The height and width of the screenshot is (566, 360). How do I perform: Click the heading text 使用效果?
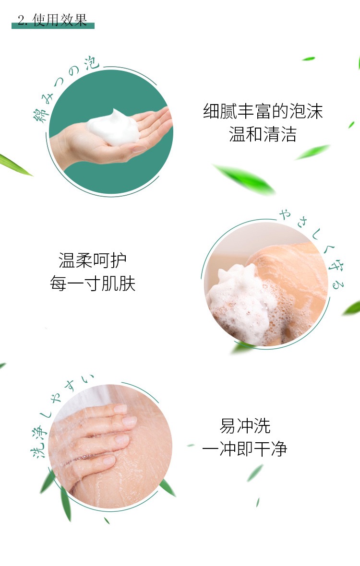[x=60, y=20]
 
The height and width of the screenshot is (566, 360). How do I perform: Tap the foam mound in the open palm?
[x=113, y=128]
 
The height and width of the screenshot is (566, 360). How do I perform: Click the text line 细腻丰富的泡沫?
[x=263, y=111]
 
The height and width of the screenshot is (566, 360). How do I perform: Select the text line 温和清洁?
[x=263, y=134]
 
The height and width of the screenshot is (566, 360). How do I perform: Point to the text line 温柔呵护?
[x=93, y=260]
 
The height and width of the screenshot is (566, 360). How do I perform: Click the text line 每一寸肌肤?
[x=93, y=283]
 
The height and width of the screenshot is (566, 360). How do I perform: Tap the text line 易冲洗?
[x=245, y=425]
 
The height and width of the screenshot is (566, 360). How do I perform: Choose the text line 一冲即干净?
[x=245, y=449]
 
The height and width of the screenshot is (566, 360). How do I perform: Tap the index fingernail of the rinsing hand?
[x=121, y=409]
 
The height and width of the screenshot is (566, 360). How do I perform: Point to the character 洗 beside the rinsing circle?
[x=37, y=449]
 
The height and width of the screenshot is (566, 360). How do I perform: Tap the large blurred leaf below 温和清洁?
[x=245, y=179]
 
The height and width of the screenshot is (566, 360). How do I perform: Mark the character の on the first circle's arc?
[x=74, y=71]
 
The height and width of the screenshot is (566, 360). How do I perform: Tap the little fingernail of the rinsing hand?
[x=108, y=460]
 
